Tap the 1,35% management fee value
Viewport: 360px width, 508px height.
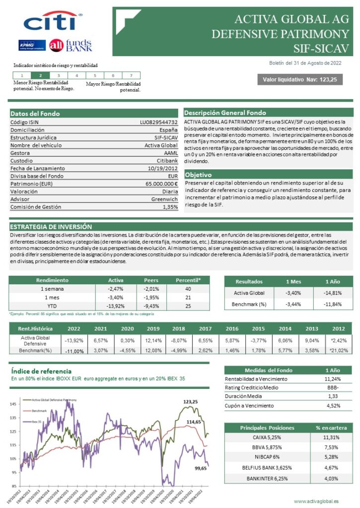coord(170,207)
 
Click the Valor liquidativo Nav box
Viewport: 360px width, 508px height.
coord(299,79)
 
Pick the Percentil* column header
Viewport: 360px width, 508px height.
coord(188,280)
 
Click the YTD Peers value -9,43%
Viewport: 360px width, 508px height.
coord(151,306)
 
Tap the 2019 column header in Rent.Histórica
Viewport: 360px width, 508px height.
coord(153,328)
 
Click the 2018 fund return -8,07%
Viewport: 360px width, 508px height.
coord(178,340)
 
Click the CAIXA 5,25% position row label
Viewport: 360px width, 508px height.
coord(267,438)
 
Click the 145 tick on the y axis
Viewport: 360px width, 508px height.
coord(14,404)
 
